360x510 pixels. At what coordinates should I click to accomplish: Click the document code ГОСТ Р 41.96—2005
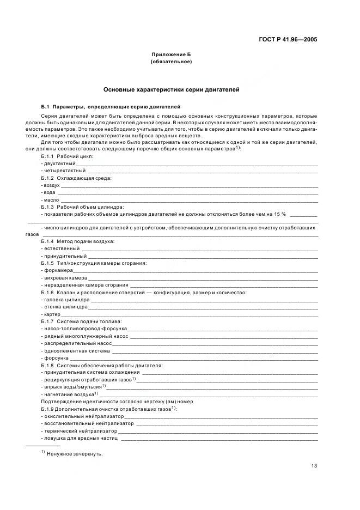(x=288, y=39)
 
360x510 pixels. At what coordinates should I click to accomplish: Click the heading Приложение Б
(x=171, y=54)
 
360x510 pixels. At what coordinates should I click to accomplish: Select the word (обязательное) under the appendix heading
(x=171, y=62)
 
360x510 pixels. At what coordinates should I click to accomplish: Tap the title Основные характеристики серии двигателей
(x=171, y=89)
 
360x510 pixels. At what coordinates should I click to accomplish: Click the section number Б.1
(x=45, y=106)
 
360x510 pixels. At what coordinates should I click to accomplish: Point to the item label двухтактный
(x=59, y=163)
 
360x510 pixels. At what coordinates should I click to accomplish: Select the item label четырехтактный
(x=63, y=171)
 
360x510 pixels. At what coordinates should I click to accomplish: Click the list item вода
(x=49, y=193)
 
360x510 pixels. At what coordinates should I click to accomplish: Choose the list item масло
(x=51, y=201)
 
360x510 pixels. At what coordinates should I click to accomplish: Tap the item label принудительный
(x=65, y=256)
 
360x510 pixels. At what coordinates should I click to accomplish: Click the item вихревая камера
(x=62, y=278)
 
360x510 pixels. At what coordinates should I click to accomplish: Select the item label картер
(x=52, y=315)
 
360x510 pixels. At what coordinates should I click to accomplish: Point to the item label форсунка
(x=55, y=358)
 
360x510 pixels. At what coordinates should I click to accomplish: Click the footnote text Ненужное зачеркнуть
(x=75, y=454)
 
